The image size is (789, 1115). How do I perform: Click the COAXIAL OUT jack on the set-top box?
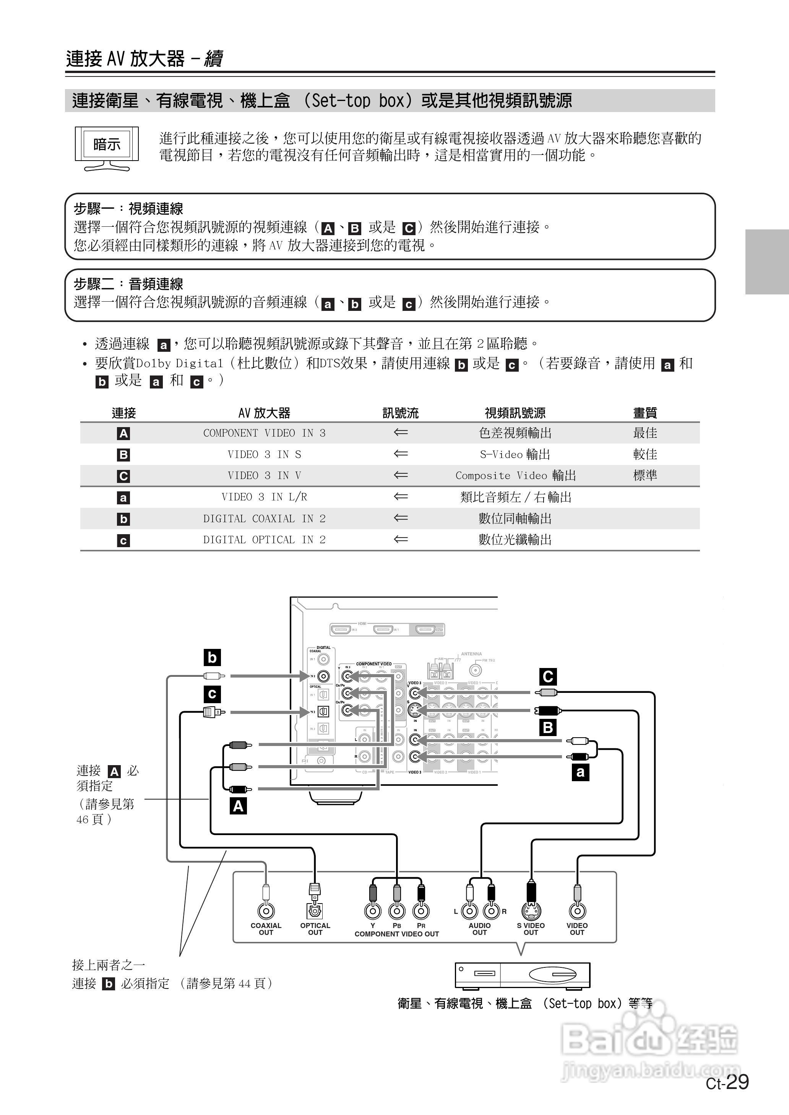coord(266,911)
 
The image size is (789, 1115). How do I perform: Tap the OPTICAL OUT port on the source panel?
coord(315,911)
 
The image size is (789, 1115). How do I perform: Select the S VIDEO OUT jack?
coord(531,911)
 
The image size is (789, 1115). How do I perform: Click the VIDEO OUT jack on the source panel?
coord(577,911)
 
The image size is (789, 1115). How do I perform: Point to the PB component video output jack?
coord(397,911)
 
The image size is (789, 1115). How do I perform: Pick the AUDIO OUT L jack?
coord(470,911)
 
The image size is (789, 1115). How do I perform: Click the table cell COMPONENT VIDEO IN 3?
coord(264,433)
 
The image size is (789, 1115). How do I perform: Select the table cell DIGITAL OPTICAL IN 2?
coord(264,540)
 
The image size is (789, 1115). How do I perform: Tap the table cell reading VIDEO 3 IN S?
coord(264,454)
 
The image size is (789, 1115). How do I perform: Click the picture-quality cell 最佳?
coord(645,433)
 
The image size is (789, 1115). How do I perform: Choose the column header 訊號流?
coord(400,413)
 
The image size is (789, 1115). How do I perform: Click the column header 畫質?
coord(645,413)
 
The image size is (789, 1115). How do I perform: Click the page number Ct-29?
coord(727,1082)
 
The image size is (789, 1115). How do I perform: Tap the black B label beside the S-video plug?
coord(548,727)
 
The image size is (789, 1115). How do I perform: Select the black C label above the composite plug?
coord(548,676)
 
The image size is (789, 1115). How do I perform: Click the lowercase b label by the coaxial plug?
coord(212,657)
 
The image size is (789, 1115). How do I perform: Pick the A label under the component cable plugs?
coord(238,806)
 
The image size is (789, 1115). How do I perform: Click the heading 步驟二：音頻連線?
coord(129,284)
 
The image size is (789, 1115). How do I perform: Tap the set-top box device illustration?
coord(522,975)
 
